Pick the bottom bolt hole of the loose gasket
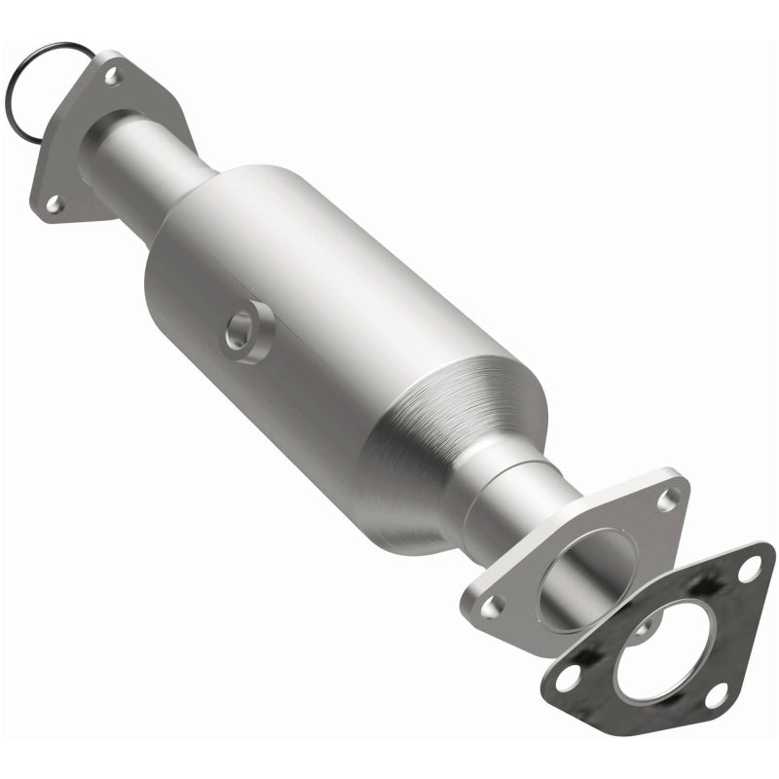point(716,695)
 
